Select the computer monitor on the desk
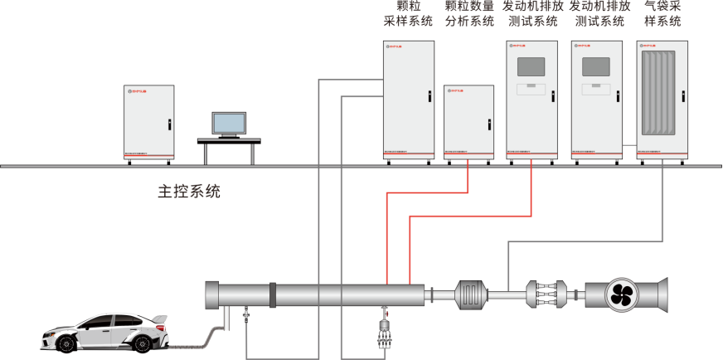coord(229,124)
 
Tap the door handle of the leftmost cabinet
coord(169,125)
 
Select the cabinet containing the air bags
coord(662,100)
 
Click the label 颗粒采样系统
coord(407,14)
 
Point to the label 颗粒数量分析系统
coord(469,14)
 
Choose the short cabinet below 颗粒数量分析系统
coord(468,122)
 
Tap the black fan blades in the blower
coord(620,292)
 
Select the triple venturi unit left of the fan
coord(548,293)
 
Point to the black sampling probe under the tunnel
coord(384,333)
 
